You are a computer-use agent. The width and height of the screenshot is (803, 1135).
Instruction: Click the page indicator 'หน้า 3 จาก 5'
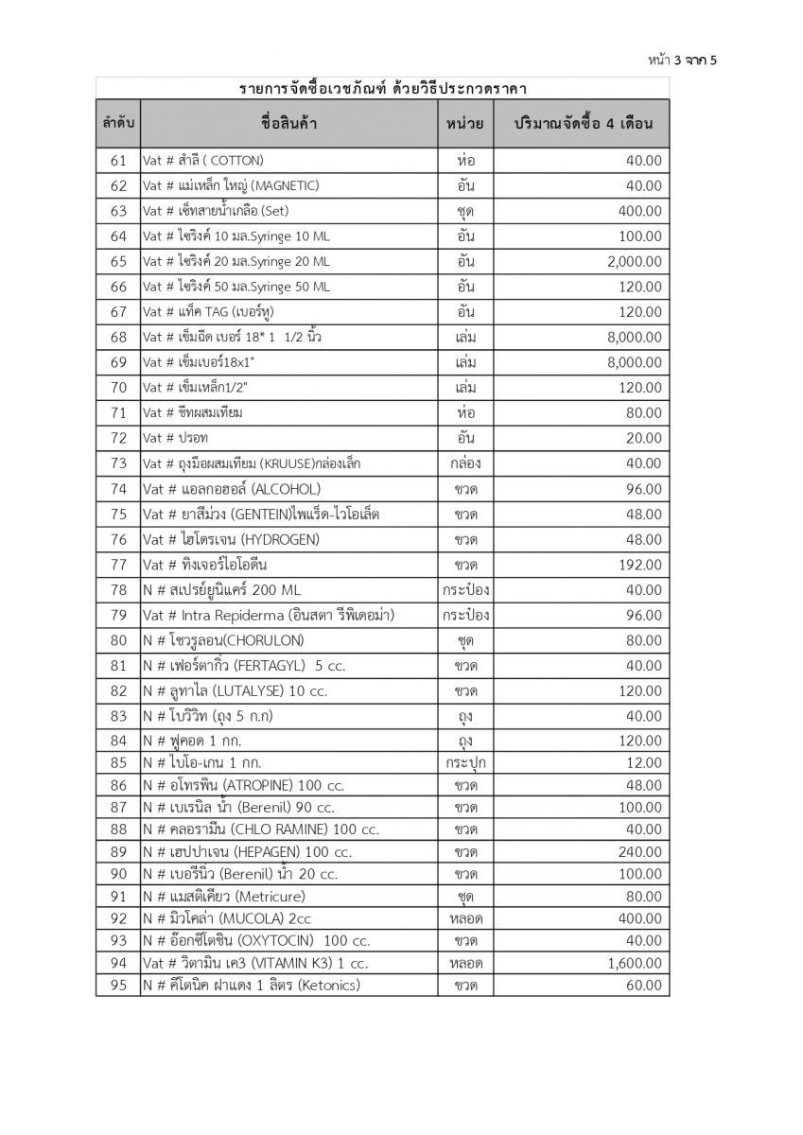[683, 61]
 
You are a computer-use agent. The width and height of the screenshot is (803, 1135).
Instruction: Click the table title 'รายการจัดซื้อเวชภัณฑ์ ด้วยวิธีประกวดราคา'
[383, 89]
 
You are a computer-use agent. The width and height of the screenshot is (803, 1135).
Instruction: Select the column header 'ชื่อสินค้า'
[288, 124]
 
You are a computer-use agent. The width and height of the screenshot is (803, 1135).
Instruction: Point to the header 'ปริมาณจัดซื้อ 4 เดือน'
[584, 124]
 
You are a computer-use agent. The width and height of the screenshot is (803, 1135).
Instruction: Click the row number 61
[118, 160]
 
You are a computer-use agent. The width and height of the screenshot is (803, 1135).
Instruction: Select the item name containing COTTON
[202, 160]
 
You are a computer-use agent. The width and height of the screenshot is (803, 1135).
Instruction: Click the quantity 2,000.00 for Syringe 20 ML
[635, 261]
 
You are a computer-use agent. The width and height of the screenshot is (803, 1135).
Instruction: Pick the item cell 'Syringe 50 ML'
[236, 287]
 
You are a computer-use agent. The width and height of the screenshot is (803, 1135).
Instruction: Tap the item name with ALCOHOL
[231, 489]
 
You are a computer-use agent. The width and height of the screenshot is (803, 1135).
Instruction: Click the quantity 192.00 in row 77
[640, 565]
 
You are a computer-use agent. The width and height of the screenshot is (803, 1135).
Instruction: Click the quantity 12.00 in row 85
[644, 762]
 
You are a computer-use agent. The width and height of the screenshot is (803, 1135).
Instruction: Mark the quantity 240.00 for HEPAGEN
[640, 852]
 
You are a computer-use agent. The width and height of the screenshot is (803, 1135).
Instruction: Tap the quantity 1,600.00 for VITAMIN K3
[635, 963]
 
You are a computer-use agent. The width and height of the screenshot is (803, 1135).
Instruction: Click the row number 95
[118, 986]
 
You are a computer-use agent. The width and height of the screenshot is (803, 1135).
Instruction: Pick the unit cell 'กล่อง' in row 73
[464, 463]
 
